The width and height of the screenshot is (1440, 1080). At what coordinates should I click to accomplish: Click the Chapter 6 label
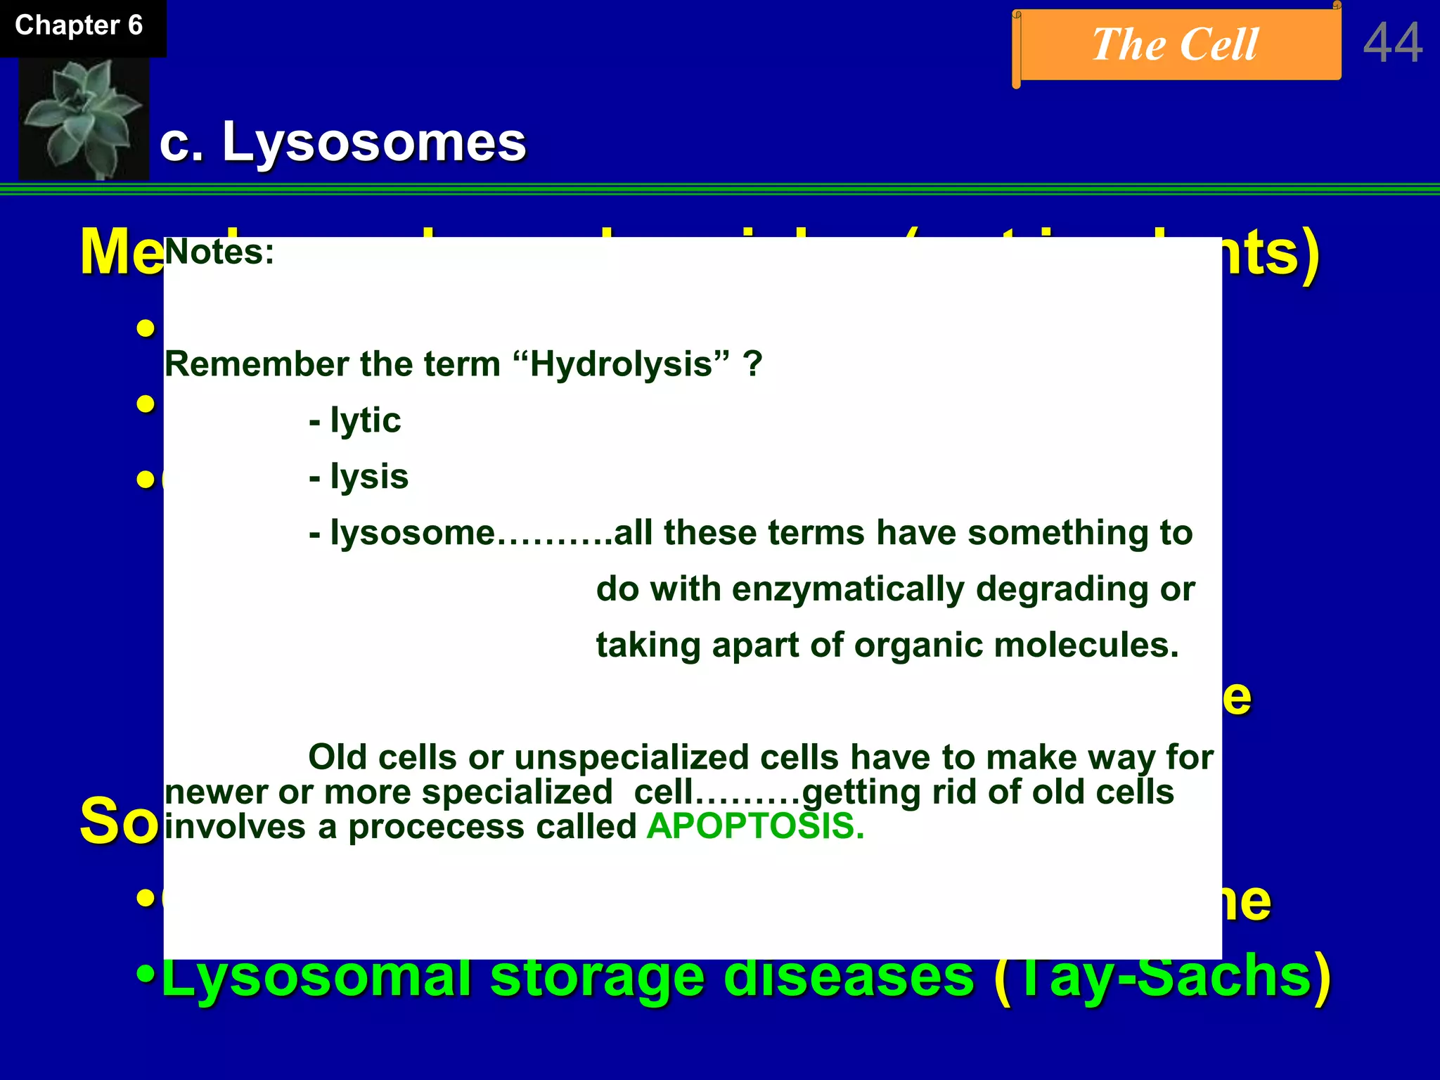[79, 26]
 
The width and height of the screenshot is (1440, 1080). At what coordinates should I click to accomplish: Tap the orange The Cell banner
[1176, 45]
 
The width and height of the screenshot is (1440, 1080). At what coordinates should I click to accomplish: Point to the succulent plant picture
[83, 118]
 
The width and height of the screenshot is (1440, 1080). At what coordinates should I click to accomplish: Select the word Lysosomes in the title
[374, 142]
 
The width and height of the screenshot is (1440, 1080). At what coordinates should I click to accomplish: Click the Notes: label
[219, 252]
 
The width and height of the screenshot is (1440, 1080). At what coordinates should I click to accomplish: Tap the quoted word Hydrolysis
[621, 364]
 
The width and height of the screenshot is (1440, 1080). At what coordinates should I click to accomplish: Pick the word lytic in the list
[366, 420]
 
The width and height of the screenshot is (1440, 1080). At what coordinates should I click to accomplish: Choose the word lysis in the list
[369, 477]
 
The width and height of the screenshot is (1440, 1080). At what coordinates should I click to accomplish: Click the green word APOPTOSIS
[754, 826]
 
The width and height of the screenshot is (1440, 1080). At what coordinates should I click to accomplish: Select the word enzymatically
[848, 589]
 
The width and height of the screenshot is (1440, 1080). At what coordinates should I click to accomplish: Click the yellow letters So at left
[118, 821]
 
